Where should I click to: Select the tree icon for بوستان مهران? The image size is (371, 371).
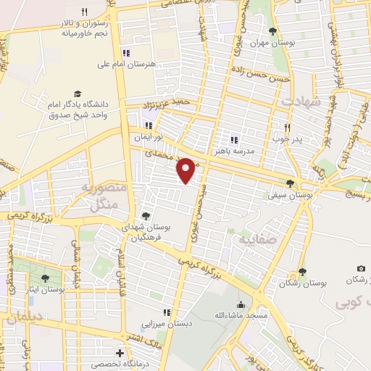(x=272, y=31)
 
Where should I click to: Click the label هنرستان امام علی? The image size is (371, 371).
(x=126, y=64)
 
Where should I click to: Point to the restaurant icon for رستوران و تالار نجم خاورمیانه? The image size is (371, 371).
(x=85, y=12)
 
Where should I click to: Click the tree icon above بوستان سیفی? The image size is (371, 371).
(x=290, y=183)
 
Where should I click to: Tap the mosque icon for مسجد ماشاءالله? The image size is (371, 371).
(x=241, y=304)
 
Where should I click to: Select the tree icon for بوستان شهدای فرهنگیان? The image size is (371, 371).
(x=146, y=216)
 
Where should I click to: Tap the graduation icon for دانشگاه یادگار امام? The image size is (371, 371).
(x=77, y=94)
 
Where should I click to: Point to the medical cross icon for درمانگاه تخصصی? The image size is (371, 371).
(x=120, y=353)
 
